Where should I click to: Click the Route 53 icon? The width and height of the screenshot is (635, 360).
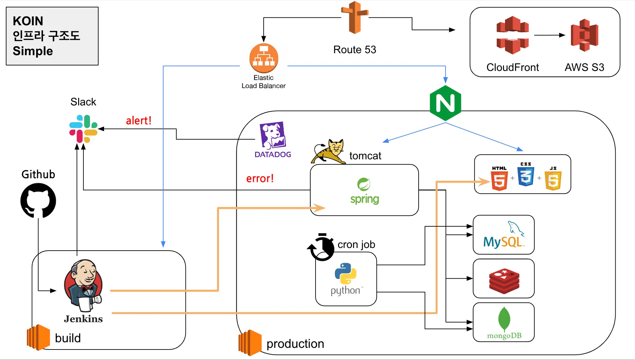[x=355, y=18]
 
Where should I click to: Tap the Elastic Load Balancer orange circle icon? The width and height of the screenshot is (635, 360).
[x=264, y=58]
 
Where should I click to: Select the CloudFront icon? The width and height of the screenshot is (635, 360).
[x=512, y=35]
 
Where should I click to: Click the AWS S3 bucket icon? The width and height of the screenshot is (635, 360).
[x=584, y=35]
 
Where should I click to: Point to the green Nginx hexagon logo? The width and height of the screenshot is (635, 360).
[x=445, y=103]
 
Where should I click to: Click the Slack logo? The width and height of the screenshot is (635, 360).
[x=83, y=128]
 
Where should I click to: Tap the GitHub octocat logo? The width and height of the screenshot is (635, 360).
[x=38, y=200]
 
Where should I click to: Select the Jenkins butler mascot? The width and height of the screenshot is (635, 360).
[x=83, y=285]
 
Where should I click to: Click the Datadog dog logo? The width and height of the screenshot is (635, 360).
[x=273, y=135]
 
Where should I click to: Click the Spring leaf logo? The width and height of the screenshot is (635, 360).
[x=364, y=184]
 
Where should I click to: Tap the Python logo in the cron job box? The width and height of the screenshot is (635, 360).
[x=345, y=273]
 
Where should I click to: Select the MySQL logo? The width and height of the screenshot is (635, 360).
[x=504, y=235]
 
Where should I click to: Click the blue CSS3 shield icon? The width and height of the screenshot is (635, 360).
[x=526, y=176]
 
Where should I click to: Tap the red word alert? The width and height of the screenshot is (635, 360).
[x=139, y=121]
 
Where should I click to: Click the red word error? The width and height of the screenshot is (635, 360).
[x=260, y=178]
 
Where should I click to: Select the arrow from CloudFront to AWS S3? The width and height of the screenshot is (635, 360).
[x=550, y=35]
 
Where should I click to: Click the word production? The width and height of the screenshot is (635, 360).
[x=295, y=344]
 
